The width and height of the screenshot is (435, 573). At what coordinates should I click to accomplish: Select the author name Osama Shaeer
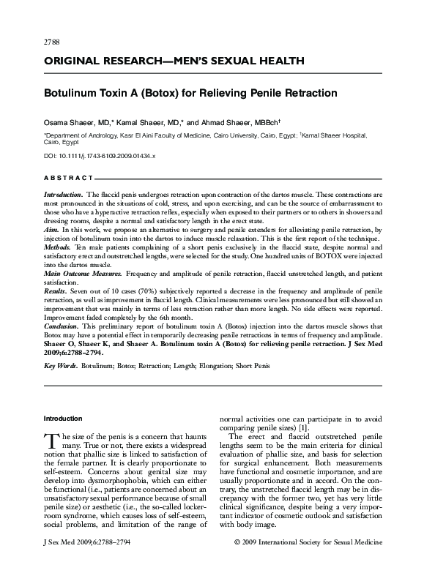[67, 121]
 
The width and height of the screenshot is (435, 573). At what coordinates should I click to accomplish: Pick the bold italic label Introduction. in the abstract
[63, 193]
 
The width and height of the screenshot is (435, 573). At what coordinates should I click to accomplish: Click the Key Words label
[61, 364]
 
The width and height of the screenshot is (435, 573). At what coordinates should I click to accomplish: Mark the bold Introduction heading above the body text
[64, 419]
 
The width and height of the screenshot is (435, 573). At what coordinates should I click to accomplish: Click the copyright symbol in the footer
[236, 565]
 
